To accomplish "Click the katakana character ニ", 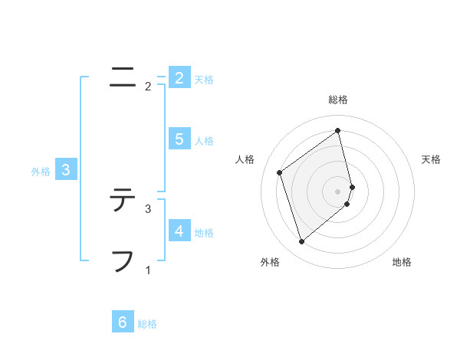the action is coord(122,77).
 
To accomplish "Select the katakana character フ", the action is coord(122,260).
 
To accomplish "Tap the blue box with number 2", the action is coord(179,77).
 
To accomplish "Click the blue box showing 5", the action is coord(179,139).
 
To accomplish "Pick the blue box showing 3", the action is coord(66,170).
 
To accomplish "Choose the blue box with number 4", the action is coord(179,231).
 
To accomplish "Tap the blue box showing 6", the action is coord(122,322).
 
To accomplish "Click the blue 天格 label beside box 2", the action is coord(204,79).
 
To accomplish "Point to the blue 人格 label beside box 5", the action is coord(204,140).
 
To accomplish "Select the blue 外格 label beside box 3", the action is coord(41,172).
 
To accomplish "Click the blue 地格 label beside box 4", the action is coord(204,232).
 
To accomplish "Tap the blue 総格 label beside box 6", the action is coord(147,324).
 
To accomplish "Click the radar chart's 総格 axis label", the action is coord(338,100).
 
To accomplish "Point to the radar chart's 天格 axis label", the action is coord(432,159).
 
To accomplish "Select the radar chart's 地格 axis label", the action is coord(402,263).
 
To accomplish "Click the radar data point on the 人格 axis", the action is coord(280,172).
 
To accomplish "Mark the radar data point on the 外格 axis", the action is coord(301,242).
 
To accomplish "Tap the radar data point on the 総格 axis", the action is coord(338,131).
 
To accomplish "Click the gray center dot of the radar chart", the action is coord(338,191).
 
